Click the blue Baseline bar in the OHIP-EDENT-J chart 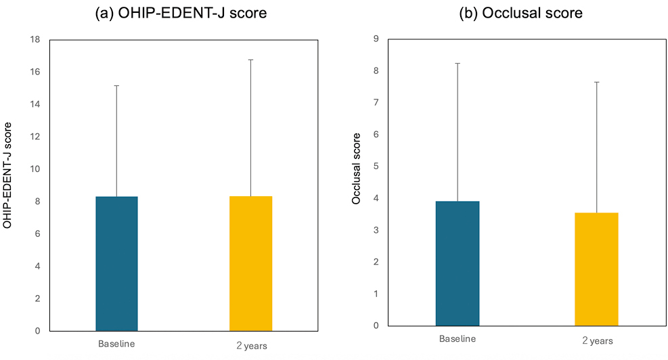[116, 264]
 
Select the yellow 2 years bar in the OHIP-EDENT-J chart [251, 263]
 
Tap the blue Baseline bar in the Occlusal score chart [458, 263]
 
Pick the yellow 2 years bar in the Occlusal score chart [596, 269]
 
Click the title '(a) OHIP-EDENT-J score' [181, 13]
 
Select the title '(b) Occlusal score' [520, 13]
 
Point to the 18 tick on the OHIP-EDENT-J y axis [35, 40]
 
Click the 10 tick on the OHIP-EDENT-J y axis [35, 169]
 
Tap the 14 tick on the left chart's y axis [35, 104]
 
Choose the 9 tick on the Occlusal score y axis [376, 39]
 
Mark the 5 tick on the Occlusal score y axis [376, 166]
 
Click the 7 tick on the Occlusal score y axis [376, 103]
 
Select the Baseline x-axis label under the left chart [116, 344]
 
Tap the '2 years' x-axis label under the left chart [252, 346]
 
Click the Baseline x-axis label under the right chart [458, 339]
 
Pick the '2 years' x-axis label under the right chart [598, 340]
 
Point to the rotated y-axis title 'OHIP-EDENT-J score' [7, 175]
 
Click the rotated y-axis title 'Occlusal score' [356, 168]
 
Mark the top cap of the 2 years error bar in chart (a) [251, 60]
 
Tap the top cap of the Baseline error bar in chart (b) [458, 64]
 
